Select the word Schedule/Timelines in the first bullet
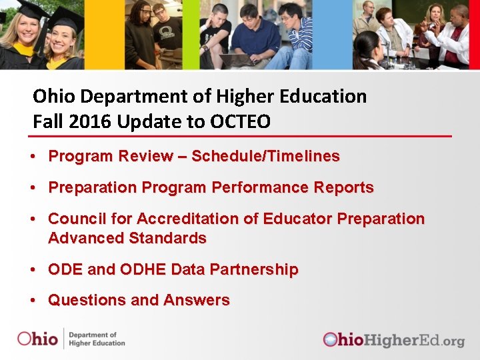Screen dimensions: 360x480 pyautogui.click(x=266, y=157)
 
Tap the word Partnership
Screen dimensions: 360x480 pyautogui.click(x=253, y=270)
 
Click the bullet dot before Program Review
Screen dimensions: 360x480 pyautogui.click(x=33, y=157)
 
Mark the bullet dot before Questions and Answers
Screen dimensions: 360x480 pyautogui.click(x=33, y=301)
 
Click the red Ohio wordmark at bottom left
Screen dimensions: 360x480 pyautogui.click(x=37, y=339)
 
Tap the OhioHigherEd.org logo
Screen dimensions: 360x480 pyautogui.click(x=393, y=340)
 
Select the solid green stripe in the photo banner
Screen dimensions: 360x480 pyautogui.click(x=191, y=33)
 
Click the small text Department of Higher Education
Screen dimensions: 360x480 pyautogui.click(x=97, y=339)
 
